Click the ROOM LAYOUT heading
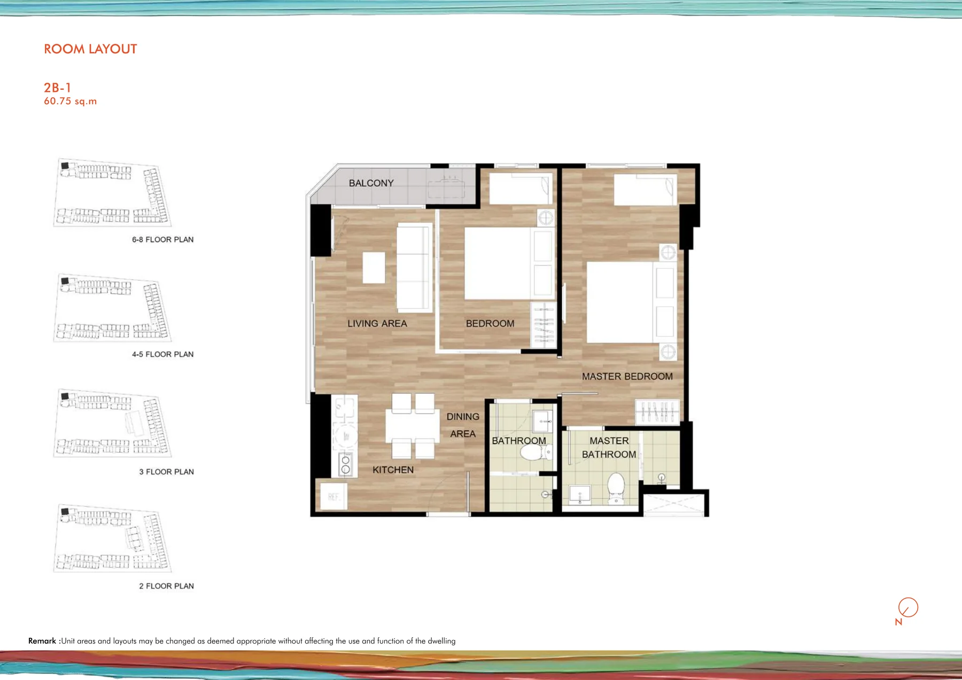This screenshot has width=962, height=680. (90, 49)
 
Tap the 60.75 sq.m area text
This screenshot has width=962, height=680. (71, 101)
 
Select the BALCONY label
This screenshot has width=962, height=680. (371, 183)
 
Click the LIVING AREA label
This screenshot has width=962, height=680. (377, 324)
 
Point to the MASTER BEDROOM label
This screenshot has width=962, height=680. (627, 377)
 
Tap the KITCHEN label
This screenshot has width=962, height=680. (393, 470)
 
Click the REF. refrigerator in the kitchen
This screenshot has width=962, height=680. (333, 496)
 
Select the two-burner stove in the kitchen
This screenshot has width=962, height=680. (346, 465)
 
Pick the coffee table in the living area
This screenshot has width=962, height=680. (374, 268)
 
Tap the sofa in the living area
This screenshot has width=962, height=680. (414, 268)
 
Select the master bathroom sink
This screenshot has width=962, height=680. (580, 494)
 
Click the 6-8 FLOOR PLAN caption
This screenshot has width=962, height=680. (163, 240)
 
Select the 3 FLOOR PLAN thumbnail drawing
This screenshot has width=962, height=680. (112, 423)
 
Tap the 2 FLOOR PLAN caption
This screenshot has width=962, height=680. (167, 586)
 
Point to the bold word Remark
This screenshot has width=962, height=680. (42, 641)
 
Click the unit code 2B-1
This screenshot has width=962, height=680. (57, 88)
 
